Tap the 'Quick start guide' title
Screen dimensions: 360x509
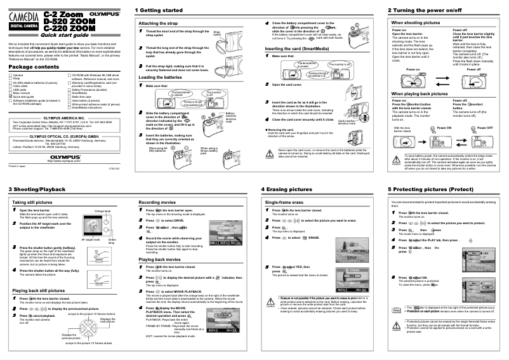point(69,35)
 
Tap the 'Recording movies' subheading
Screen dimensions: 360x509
point(157,202)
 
